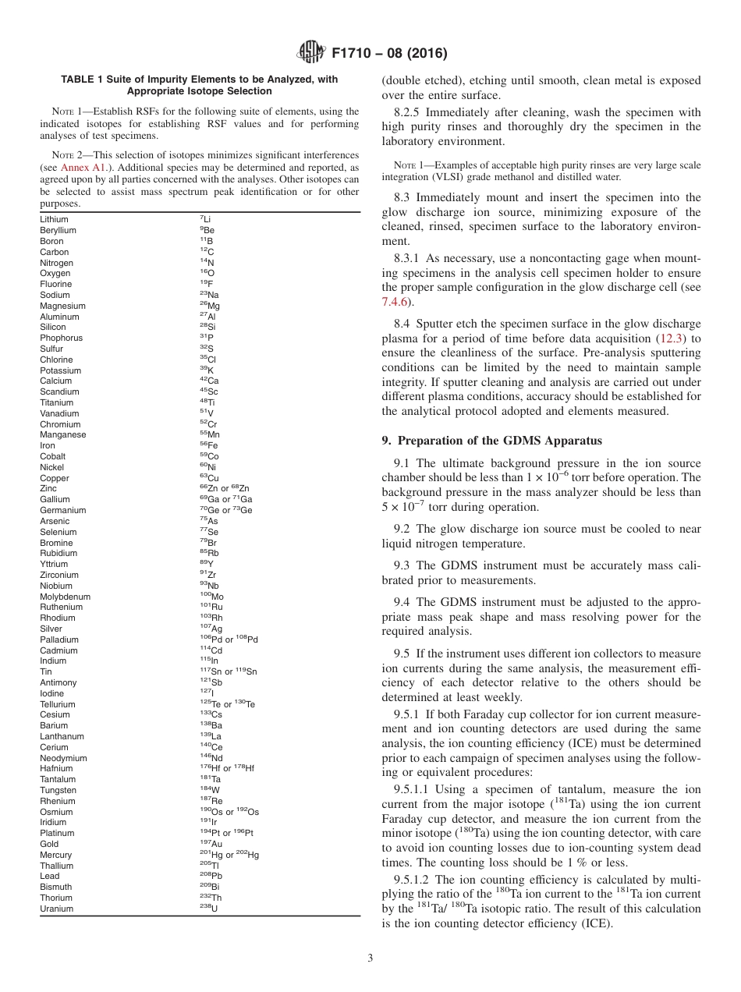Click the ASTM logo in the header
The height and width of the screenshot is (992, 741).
coord(312,53)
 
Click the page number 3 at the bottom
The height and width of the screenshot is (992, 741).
coord(370,958)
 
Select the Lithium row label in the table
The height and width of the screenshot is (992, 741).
coord(54,220)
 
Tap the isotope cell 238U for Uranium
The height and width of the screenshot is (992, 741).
coord(209,909)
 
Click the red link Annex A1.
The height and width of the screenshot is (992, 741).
coord(80,168)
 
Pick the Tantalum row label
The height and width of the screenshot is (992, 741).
coord(58,779)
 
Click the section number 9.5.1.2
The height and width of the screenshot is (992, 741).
coord(413,880)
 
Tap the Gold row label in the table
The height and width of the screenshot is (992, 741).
coord(49,844)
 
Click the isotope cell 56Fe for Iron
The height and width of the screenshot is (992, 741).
coord(208,445)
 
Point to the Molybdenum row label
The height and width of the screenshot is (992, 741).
coord(65,597)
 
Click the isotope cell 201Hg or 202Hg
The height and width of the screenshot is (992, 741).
coord(229,855)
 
